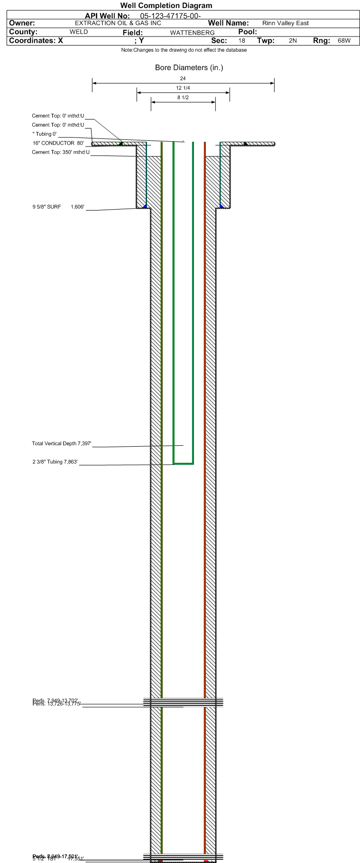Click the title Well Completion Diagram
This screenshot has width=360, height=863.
tap(166, 6)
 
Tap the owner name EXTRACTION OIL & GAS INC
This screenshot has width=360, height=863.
tap(118, 23)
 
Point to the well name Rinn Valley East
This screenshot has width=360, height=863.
tap(285, 23)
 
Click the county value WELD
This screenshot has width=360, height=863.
tap(79, 32)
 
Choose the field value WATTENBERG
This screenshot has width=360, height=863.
tap(192, 33)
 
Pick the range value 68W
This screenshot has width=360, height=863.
tap(344, 41)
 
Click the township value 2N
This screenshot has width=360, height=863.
tap(293, 41)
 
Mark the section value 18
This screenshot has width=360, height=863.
tap(242, 41)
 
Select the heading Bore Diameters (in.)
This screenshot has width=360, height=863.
tap(189, 68)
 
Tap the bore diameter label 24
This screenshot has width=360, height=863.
tap(183, 79)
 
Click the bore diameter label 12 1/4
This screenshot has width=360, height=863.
tap(183, 88)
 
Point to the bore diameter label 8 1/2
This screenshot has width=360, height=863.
tap(183, 98)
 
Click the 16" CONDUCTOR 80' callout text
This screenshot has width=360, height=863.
tap(58, 143)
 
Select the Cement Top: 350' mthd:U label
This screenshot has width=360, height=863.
tap(61, 152)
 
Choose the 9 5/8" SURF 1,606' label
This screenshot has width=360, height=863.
tap(58, 207)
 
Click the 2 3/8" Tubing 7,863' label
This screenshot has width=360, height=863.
tap(55, 462)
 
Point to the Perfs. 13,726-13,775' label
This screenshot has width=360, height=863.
tap(57, 704)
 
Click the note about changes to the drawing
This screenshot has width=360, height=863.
tap(184, 50)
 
